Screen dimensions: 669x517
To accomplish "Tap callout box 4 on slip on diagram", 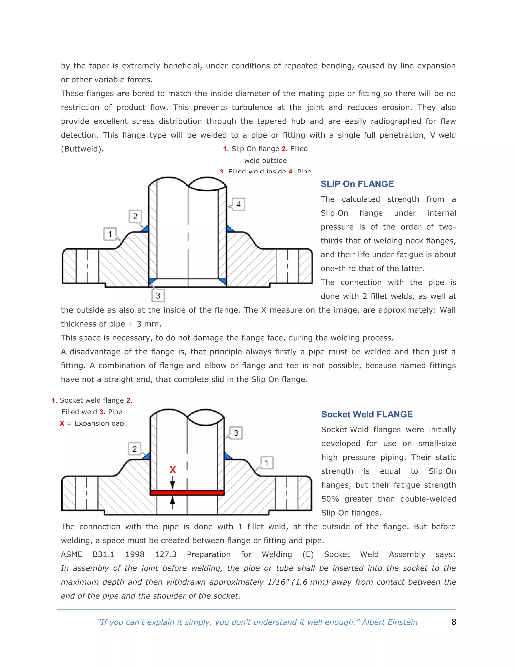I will [238, 204].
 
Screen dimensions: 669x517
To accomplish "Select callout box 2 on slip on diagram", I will [135, 216].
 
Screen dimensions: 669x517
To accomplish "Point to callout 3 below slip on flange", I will [158, 296].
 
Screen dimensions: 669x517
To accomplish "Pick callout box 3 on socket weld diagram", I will [236, 433].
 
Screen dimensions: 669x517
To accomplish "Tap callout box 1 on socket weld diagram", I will [267, 462].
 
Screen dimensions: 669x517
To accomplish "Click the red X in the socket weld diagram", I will [173, 470].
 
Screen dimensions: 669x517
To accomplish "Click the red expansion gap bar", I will [187, 493].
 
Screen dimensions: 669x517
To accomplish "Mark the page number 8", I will [454, 622].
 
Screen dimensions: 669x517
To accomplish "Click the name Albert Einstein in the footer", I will [390, 622].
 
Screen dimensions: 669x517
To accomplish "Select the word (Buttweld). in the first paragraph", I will [82, 149].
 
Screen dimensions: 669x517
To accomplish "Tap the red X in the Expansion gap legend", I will [62, 423].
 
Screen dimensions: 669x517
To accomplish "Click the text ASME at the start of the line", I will [71, 554].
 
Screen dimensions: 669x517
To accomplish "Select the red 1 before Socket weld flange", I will [53, 400].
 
